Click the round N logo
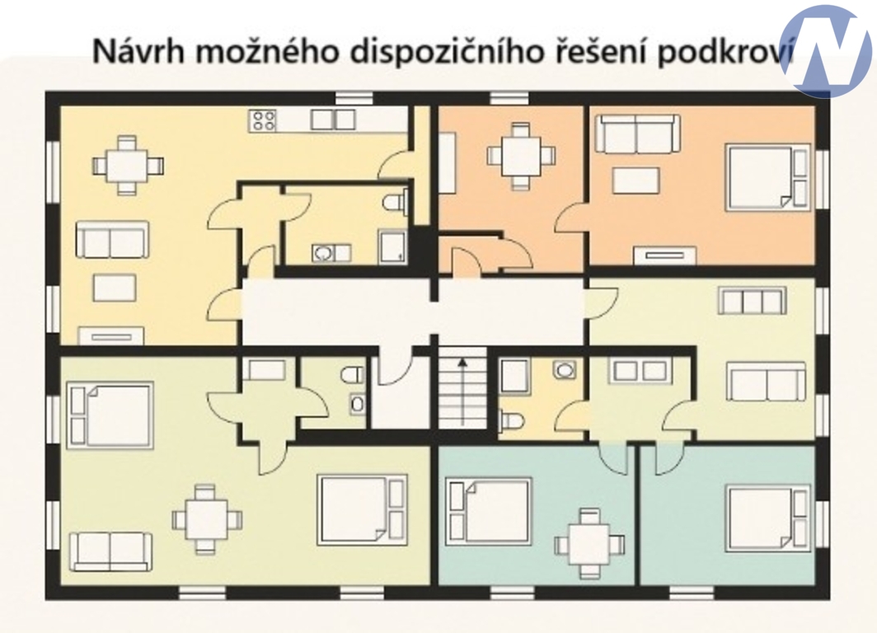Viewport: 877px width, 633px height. (x=826, y=51)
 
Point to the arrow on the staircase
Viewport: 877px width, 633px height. (x=462, y=391)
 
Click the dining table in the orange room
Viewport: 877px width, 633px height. (x=521, y=156)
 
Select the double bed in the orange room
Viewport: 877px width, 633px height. (x=767, y=177)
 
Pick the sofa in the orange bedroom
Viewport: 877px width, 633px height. (x=638, y=133)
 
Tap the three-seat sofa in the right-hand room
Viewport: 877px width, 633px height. (x=753, y=301)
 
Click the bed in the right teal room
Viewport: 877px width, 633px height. (x=768, y=519)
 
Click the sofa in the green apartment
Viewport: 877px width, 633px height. (x=110, y=551)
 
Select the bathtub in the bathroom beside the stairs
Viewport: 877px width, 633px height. (x=514, y=376)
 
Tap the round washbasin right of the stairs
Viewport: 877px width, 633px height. (x=565, y=369)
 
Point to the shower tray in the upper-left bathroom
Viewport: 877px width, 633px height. (x=393, y=246)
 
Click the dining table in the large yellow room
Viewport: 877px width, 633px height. (x=128, y=165)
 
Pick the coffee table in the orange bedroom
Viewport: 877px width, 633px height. (x=636, y=181)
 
